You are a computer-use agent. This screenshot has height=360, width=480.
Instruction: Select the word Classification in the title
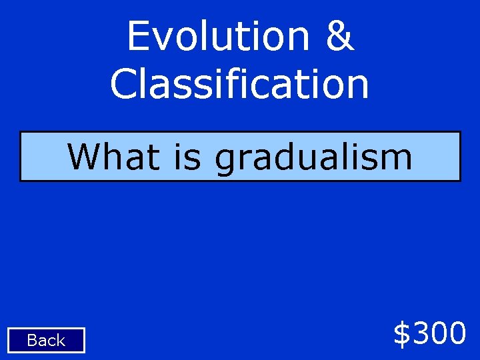click(239, 84)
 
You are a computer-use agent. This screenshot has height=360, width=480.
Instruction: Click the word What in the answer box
click(114, 157)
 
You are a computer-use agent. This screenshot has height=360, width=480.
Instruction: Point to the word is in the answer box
click(187, 157)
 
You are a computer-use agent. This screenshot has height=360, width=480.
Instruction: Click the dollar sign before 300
click(403, 333)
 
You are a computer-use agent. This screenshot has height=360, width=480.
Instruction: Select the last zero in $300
click(457, 333)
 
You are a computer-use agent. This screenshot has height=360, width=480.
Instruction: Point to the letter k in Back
click(61, 341)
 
